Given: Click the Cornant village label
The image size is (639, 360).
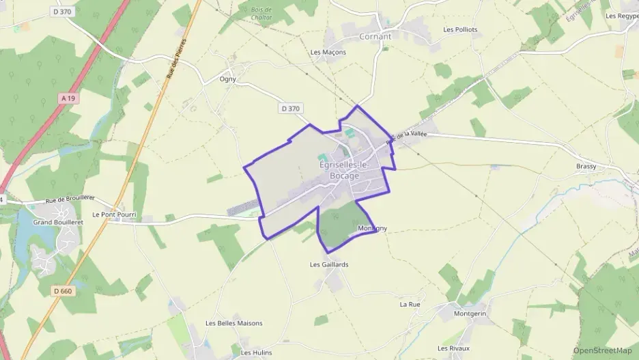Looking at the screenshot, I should click(375, 36).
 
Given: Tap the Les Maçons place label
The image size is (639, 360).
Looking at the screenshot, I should click(328, 52).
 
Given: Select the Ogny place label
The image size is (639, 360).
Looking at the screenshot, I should click(228, 79).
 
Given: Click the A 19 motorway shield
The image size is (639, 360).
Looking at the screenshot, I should click(68, 98).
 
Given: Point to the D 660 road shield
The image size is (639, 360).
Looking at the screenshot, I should click(62, 291).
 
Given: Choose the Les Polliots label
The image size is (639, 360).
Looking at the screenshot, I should click(460, 29).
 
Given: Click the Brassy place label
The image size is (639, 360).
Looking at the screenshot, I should click(586, 167).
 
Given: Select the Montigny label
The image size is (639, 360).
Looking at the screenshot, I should click(372, 229).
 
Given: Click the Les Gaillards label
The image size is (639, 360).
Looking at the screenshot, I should click(329, 264).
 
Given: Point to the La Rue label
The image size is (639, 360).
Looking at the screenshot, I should click(410, 304).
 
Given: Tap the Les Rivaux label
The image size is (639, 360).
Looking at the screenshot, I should click(453, 348).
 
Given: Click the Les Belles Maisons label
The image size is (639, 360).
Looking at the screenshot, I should click(234, 323).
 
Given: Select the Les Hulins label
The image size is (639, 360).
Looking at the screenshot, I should click(256, 352).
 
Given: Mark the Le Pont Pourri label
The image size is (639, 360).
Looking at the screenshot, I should click(115, 214).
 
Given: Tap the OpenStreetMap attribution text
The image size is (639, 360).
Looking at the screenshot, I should click(602, 350).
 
